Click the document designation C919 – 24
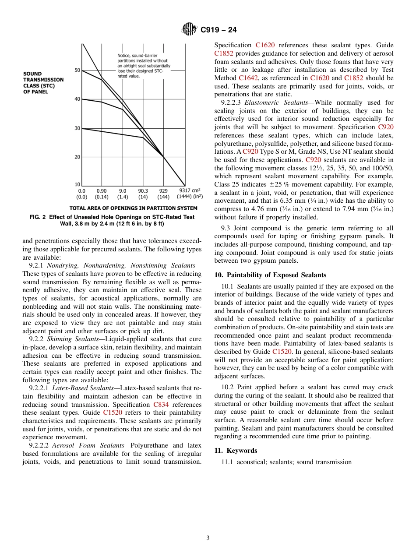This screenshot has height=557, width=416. (x=219, y=30)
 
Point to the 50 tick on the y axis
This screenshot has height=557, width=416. (x=78, y=70)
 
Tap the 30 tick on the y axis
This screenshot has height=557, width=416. (x=78, y=128)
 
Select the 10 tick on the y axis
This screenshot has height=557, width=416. (x=78, y=185)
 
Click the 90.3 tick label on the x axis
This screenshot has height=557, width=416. (x=143, y=191)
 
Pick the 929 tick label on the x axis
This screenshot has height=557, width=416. (x=163, y=191)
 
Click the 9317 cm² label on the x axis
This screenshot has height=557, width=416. (x=190, y=191)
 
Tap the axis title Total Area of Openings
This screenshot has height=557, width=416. (x=133, y=208)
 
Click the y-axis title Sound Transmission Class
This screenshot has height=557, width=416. (x=43, y=83)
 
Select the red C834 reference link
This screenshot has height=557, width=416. (x=161, y=405)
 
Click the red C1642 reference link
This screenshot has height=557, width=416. (x=250, y=78)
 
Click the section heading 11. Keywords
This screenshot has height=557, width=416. (x=236, y=450)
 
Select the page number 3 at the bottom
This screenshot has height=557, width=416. (x=208, y=538)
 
